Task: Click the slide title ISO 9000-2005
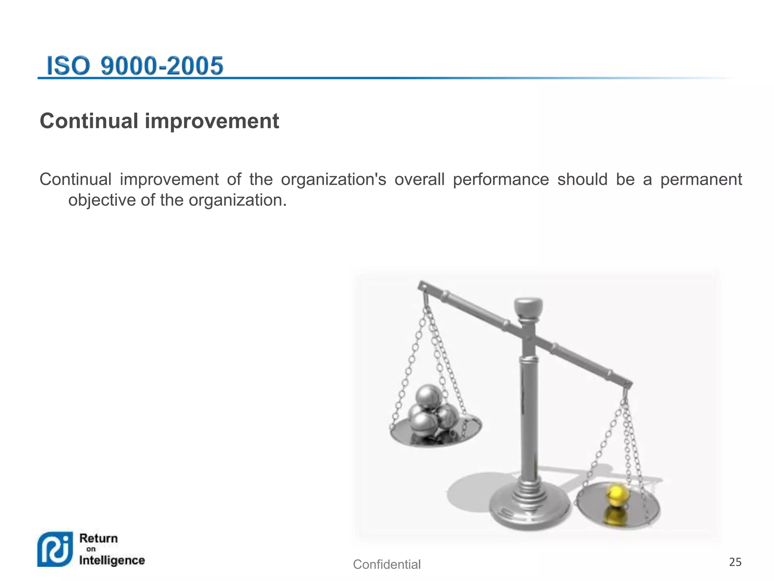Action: click(135, 66)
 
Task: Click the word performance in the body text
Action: click(501, 180)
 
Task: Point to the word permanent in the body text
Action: click(701, 180)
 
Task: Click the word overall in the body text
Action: click(420, 180)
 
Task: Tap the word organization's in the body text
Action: click(333, 180)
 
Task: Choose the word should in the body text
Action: click(582, 180)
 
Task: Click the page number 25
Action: click(735, 562)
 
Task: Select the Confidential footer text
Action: click(387, 564)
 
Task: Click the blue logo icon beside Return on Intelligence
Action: click(55, 549)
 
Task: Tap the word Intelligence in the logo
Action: click(112, 560)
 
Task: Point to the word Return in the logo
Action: click(99, 538)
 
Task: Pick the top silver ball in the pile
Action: click(429, 396)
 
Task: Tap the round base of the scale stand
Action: click(529, 507)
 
